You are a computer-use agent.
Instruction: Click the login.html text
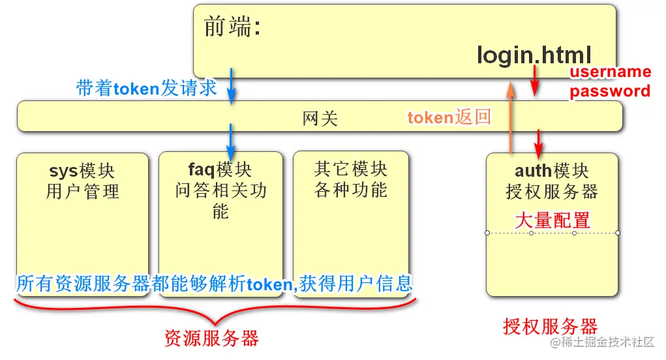[534, 55]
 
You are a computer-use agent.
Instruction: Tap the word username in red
[611, 72]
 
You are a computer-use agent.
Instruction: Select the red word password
[610, 91]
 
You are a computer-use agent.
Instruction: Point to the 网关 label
[320, 118]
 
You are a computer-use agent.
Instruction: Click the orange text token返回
[449, 117]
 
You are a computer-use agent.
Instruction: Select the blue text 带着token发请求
[146, 88]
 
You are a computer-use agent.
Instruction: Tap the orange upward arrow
[510, 117]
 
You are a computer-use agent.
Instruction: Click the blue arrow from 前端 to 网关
[231, 85]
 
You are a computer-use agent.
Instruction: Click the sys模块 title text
[82, 171]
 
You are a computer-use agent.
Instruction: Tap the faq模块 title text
[220, 170]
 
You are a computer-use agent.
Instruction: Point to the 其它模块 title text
[351, 170]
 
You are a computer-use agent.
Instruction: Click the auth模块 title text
[552, 171]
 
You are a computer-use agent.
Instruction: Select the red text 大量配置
[552, 220]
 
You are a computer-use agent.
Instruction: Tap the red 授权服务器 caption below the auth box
[550, 326]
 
